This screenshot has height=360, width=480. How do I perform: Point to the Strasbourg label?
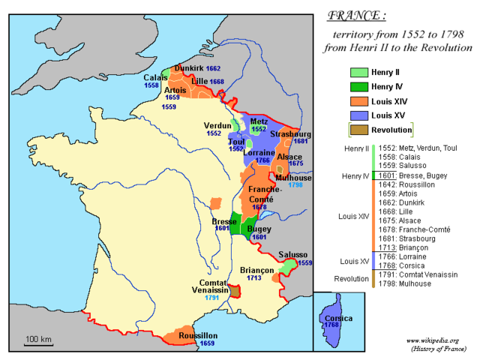[289, 133]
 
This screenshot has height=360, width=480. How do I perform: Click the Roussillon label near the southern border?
[197, 334]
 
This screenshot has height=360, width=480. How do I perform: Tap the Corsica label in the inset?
[339, 318]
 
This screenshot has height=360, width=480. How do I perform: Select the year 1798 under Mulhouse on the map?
[295, 184]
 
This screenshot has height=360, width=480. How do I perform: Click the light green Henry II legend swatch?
[359, 72]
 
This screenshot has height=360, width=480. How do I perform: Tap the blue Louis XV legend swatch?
[359, 115]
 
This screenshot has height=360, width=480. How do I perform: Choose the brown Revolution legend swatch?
[359, 130]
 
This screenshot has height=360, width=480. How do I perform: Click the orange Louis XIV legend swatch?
[359, 101]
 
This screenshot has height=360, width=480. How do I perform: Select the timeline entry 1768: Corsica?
[408, 264]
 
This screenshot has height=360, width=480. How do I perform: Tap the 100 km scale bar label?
[37, 339]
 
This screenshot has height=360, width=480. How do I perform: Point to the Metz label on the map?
[259, 121]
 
